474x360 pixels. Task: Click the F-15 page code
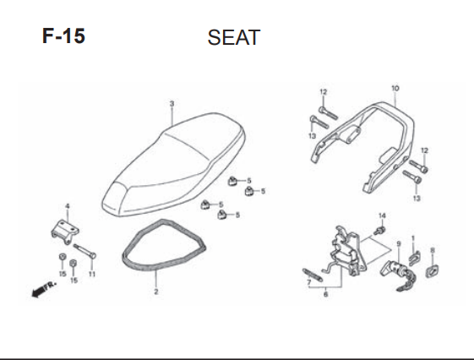[x=63, y=36]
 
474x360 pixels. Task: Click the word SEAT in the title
[x=234, y=37]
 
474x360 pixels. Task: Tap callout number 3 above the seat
[x=172, y=104]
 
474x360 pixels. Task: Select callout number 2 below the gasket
[x=156, y=292]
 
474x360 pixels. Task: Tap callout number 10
[x=395, y=88]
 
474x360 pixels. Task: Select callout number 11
[x=92, y=274]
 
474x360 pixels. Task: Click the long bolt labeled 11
[x=84, y=251]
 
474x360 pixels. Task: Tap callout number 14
[x=382, y=215]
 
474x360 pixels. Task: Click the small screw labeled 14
[x=379, y=231]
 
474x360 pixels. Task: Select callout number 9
[x=399, y=243]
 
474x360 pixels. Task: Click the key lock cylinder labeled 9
[x=398, y=275]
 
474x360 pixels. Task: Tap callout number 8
[x=433, y=250]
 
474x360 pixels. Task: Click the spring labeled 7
[x=313, y=275]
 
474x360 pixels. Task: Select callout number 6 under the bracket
[x=325, y=293]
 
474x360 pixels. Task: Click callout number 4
[x=68, y=206]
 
